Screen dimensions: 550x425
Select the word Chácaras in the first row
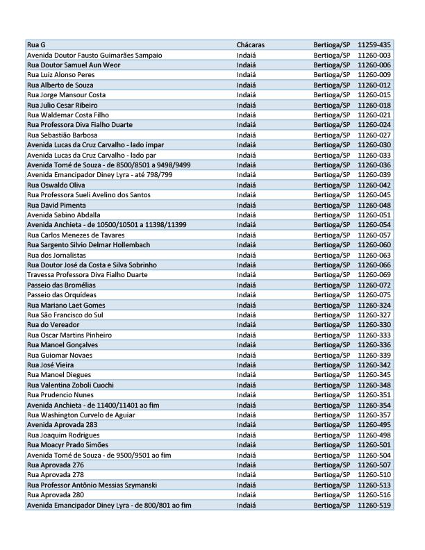[x=250, y=44]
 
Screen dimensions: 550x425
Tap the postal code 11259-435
[x=374, y=44]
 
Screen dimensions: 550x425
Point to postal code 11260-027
[x=374, y=135]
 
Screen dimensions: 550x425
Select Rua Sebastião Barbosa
[x=62, y=135]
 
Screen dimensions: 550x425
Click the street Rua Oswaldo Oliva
[x=56, y=185]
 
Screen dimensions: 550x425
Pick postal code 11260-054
[x=374, y=225]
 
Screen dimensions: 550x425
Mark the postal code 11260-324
[x=374, y=305]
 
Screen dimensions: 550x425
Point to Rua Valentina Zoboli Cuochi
[x=70, y=385]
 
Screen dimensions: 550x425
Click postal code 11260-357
[x=374, y=415]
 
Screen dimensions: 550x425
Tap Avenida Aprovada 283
[x=62, y=425]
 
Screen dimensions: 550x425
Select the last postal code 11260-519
[x=374, y=505]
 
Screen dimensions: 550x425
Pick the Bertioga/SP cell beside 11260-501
[x=331, y=445]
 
